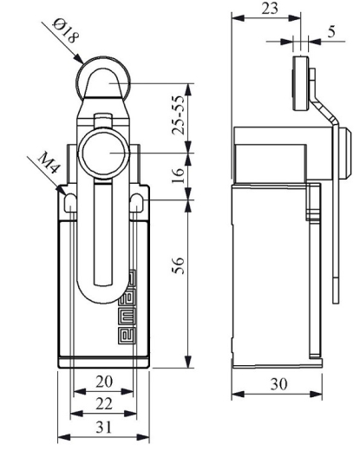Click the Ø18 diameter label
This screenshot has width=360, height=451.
[x=66, y=31]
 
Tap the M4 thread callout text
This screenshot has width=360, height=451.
[x=49, y=163]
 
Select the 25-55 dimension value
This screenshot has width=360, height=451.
[x=178, y=114]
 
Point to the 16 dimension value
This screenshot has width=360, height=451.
[x=178, y=175]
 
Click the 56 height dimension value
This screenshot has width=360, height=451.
[x=178, y=265]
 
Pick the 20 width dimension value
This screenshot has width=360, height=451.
[x=104, y=382]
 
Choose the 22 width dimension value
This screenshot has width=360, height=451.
[x=104, y=403]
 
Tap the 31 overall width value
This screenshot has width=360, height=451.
[x=103, y=427]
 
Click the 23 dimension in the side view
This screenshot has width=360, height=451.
[x=270, y=9]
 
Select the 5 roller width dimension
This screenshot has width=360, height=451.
[x=331, y=31]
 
